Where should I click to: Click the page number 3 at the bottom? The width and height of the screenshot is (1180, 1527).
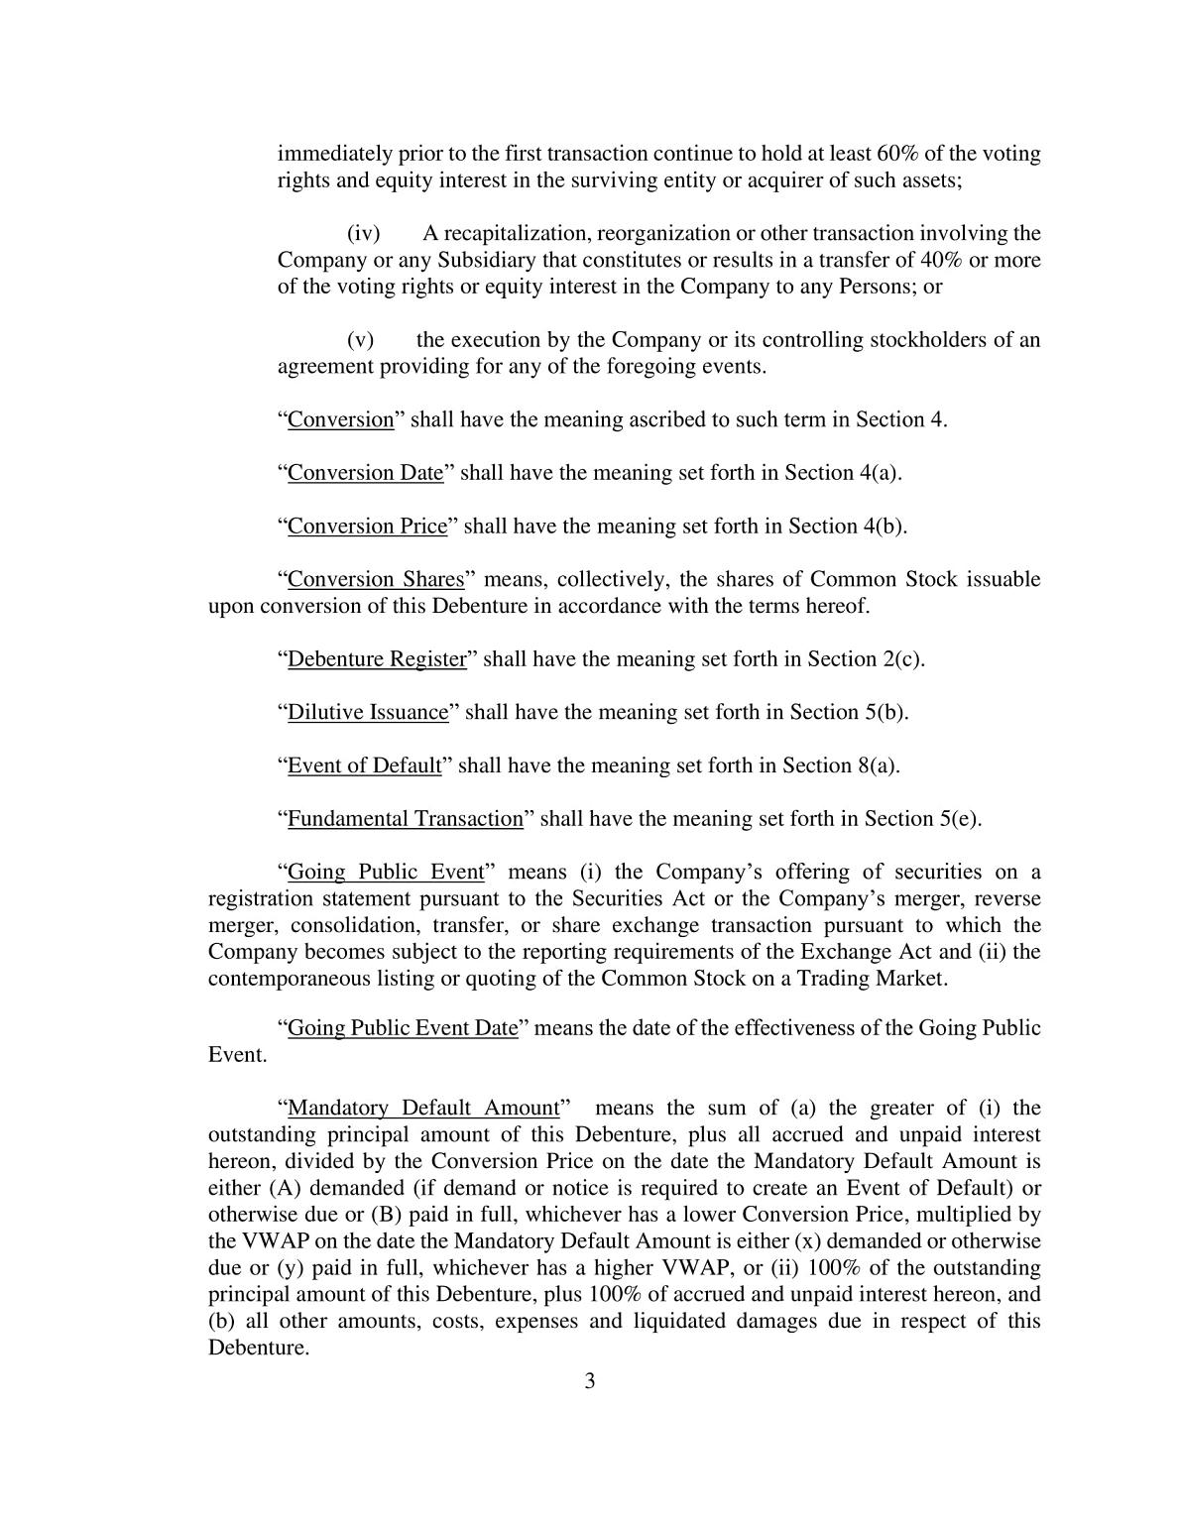coord(589,1381)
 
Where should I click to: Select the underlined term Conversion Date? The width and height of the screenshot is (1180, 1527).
coord(365,473)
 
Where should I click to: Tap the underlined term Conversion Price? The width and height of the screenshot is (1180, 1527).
coord(367,527)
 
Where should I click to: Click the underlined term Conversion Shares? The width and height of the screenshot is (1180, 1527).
coord(376,579)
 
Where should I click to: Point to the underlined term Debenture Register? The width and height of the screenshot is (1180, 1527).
coord(377,659)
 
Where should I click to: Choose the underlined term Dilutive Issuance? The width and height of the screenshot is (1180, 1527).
coord(368,712)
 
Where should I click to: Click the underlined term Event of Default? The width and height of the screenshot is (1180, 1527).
coord(364,765)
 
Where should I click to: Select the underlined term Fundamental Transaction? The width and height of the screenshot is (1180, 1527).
coord(405,819)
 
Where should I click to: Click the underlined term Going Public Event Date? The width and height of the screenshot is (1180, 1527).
coord(403,1028)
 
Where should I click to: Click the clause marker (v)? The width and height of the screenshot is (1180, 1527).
coord(360,340)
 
